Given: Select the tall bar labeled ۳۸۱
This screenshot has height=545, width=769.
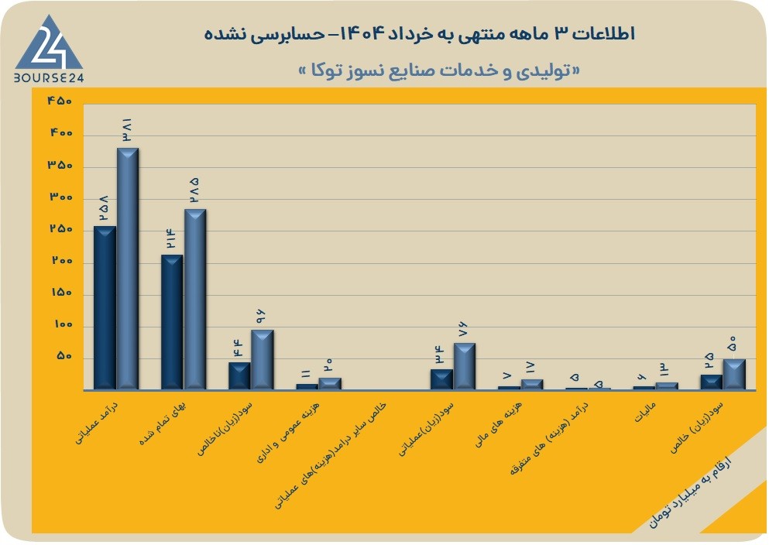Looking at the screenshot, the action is pos(128,269).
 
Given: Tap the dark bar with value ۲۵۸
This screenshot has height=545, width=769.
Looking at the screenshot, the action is pos(105,308).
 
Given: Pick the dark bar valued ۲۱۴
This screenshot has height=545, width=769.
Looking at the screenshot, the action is pos(172,322).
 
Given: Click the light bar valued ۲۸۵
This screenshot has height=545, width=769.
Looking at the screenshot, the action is pos(195,300).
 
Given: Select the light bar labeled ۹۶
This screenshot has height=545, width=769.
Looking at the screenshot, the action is pos(263,360).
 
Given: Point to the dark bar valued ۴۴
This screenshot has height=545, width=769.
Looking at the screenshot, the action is pos(239,376).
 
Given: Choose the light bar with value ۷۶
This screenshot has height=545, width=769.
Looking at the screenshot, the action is pos(465,366).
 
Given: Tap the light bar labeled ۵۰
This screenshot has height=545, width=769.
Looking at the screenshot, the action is pos(734,375).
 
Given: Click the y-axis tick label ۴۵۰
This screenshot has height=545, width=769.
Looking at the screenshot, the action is pos(60,101).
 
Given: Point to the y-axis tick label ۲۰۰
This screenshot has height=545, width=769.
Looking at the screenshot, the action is pos(62,261).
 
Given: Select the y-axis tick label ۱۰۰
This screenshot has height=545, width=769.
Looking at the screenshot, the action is pos(63,324).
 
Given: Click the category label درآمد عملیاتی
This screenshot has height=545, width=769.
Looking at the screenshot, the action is pos(97,423).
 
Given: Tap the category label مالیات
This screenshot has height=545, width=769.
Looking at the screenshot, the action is pos(645,413).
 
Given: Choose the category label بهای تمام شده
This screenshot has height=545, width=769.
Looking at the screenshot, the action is pos(163,424).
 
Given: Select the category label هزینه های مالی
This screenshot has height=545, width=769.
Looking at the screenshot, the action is pos(499,424).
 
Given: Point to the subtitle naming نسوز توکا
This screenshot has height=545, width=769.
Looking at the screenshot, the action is pos(439,70).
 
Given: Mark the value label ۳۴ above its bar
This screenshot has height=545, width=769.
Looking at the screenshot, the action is pos(438,355).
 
